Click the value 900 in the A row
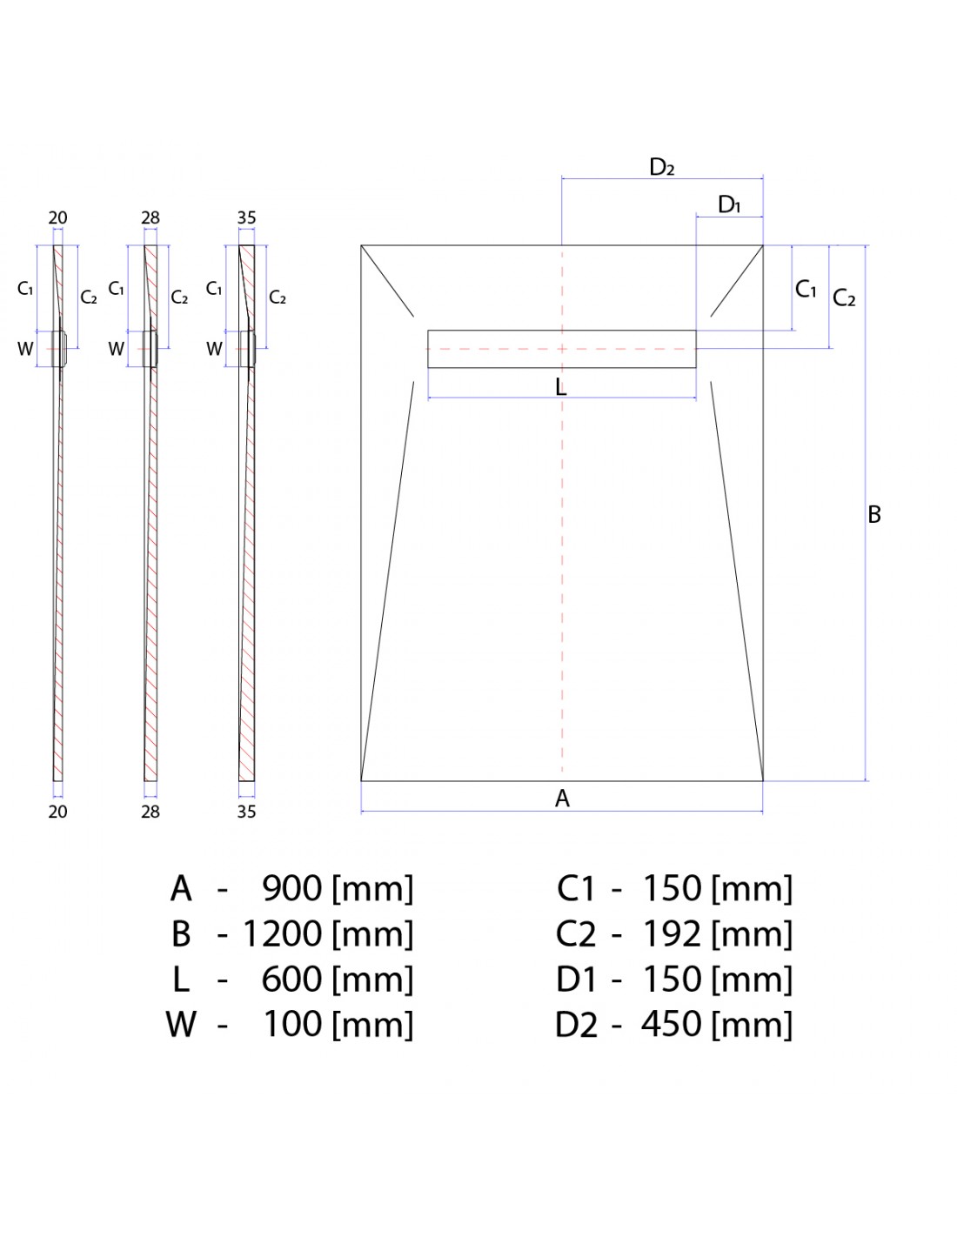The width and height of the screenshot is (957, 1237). [x=292, y=888]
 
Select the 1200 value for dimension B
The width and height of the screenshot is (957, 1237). [x=283, y=933]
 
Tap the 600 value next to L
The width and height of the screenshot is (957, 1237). [x=292, y=979]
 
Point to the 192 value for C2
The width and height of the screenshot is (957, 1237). [x=672, y=933]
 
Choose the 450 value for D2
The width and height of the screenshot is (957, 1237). [x=672, y=1024]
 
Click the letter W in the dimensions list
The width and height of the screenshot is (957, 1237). [x=181, y=1025]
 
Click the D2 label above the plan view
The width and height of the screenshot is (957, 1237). [x=661, y=167]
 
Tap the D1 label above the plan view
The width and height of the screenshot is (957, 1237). [x=729, y=204]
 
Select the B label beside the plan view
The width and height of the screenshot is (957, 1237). [x=873, y=515]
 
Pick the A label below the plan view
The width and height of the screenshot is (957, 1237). [x=562, y=799]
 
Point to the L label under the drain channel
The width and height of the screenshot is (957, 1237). [x=561, y=388]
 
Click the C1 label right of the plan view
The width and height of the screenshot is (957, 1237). [x=806, y=289]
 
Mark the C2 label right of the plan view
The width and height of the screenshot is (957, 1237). [x=844, y=298]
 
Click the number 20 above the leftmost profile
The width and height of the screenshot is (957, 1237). [x=57, y=217]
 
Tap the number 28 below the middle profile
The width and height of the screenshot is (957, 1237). [x=151, y=812]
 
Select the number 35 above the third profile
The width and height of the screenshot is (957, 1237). [x=246, y=217]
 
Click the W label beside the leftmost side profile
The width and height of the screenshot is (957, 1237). [x=25, y=349]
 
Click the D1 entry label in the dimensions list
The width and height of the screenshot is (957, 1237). [x=576, y=980]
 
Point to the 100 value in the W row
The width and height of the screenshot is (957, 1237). [x=292, y=1024]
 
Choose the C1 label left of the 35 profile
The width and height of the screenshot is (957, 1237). [x=213, y=289]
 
